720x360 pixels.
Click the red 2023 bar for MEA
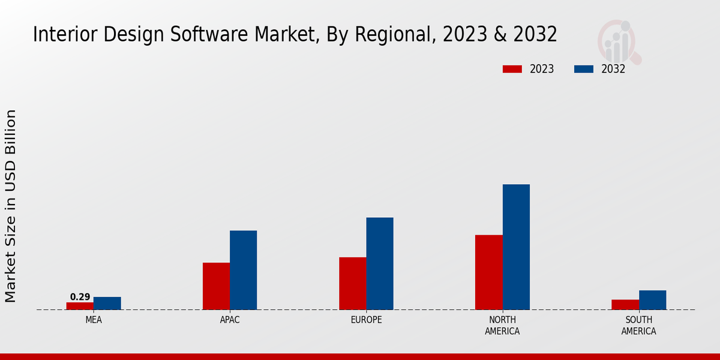click(80, 306)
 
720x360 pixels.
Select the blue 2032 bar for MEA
click(107, 304)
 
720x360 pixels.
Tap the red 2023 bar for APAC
click(216, 286)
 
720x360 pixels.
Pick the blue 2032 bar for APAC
click(243, 270)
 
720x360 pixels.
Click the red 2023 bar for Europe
click(353, 283)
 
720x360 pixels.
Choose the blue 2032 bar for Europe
click(380, 263)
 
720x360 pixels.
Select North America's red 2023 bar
click(489, 272)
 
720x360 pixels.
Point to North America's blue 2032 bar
click(516, 247)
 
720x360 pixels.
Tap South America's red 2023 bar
click(625, 305)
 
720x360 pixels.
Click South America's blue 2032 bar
click(652, 300)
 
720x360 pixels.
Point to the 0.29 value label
click(80, 297)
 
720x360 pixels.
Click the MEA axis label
click(94, 320)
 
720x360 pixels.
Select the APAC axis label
click(230, 320)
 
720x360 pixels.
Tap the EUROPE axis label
click(366, 320)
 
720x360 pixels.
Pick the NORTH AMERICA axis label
click(502, 325)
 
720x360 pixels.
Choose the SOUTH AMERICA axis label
click(638, 325)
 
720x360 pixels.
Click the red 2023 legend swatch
click(512, 69)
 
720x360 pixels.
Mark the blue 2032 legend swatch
click(584, 69)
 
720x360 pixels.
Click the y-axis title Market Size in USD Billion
click(11, 206)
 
